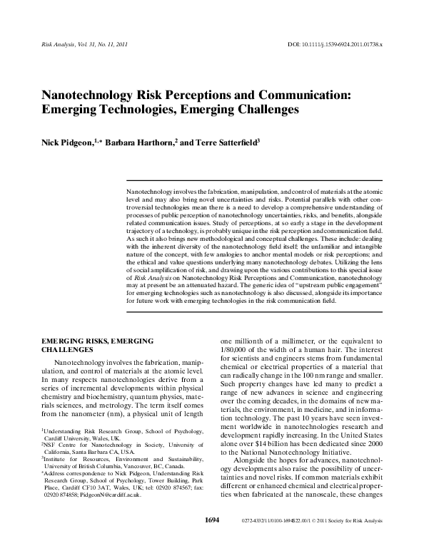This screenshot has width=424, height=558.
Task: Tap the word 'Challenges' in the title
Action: (x=259, y=110)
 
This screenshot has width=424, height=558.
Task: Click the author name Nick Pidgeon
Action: (x=68, y=143)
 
